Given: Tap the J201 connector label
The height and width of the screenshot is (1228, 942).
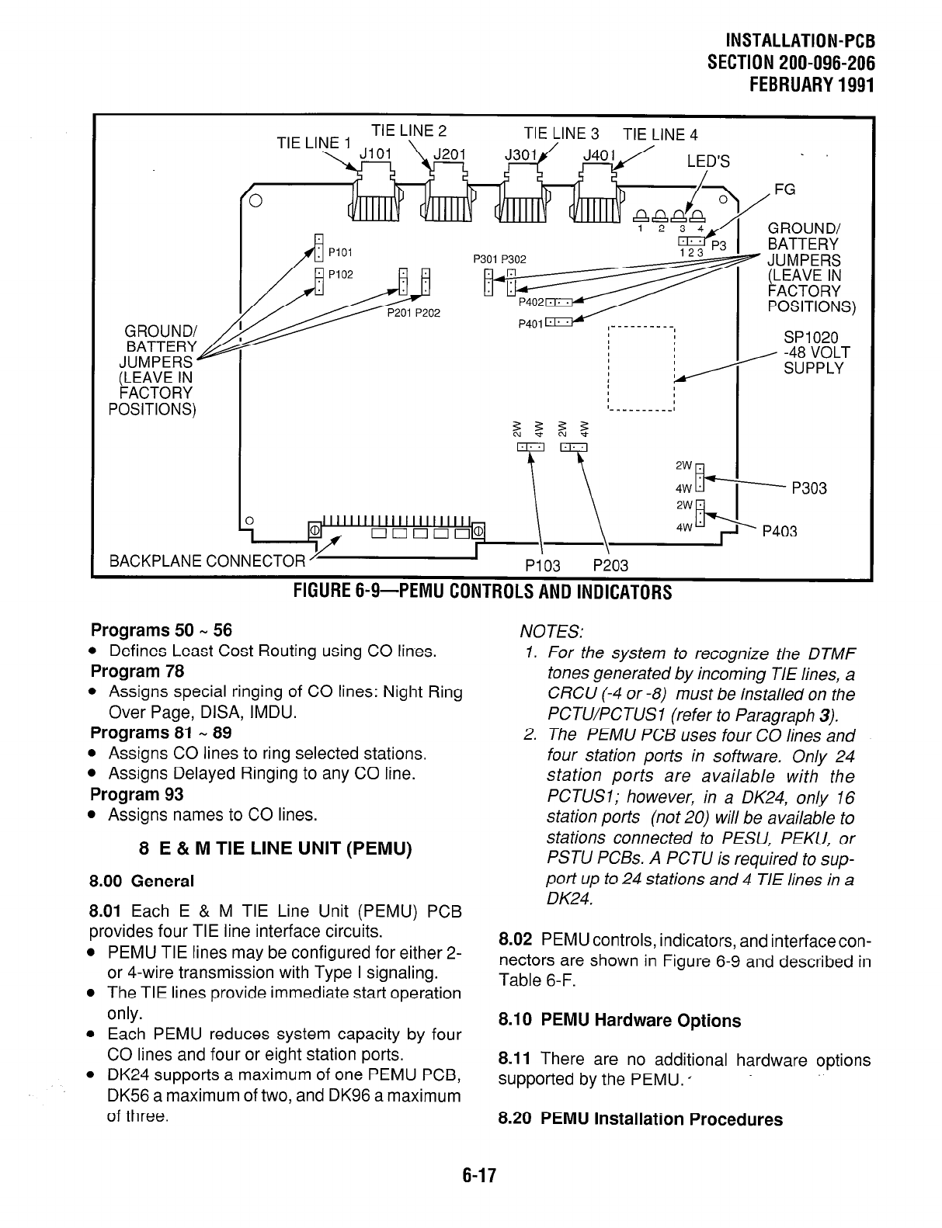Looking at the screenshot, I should tap(449, 154).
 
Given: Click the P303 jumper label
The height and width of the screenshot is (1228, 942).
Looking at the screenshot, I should tap(808, 488).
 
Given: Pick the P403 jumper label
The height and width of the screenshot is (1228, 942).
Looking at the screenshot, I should tap(780, 532).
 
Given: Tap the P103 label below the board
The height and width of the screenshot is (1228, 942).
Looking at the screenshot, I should tap(541, 566).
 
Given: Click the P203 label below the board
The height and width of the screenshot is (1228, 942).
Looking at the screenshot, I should tap(610, 566).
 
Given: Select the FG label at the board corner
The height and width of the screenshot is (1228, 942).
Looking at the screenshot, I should tap(785, 190).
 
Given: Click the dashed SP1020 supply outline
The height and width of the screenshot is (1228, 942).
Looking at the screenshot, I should tap(642, 369).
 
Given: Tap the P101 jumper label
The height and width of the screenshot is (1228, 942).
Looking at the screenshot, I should tap(341, 251).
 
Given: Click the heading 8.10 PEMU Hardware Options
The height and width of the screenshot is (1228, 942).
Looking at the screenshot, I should tap(620, 1021).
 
